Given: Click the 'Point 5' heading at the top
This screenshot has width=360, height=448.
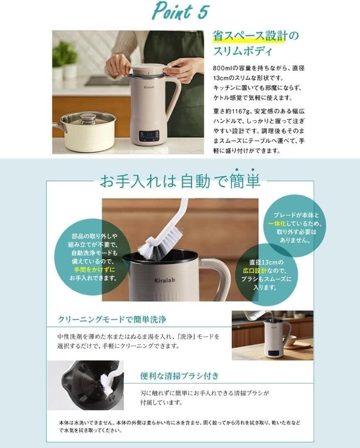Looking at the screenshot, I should (180, 11).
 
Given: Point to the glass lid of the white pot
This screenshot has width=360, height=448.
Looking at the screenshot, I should (88, 118).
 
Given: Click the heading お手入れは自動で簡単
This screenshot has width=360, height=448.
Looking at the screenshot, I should (180, 181).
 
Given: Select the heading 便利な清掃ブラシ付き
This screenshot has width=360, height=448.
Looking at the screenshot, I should (179, 376).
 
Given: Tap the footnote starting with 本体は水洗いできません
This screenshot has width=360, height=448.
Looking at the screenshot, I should (180, 427).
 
